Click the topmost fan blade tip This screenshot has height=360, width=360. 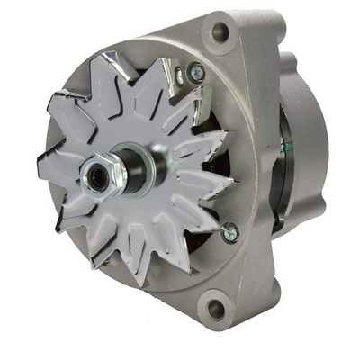115,56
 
